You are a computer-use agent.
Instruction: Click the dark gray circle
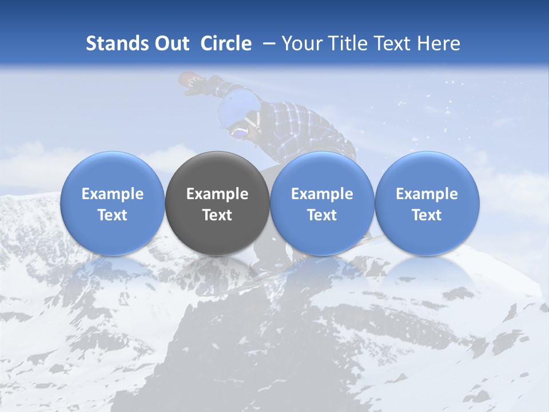click(217, 203)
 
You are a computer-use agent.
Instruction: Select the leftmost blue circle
click(113, 203)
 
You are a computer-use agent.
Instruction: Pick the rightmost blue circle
click(427, 203)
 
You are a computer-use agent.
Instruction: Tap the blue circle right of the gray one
click(322, 203)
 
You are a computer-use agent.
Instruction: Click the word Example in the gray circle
click(217, 194)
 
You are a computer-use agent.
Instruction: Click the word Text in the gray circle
click(217, 215)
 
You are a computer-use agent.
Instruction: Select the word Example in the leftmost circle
click(113, 194)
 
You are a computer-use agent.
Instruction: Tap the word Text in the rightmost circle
click(427, 215)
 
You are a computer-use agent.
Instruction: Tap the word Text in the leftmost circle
click(113, 215)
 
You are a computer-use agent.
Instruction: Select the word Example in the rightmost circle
click(427, 194)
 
